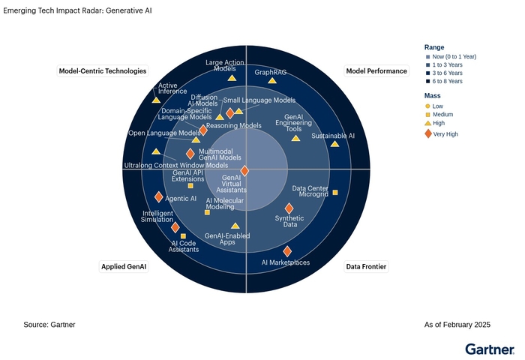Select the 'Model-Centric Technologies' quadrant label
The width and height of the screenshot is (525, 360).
click(103, 71)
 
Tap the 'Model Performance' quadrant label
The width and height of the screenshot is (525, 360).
click(376, 71)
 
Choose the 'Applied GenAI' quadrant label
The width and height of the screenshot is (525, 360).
click(124, 266)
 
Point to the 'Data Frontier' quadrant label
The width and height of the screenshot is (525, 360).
click(366, 266)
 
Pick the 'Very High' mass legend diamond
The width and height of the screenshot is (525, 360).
click(428, 133)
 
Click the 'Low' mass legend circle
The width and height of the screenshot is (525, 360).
click(427, 106)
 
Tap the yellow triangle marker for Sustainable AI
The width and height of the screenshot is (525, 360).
click(334, 143)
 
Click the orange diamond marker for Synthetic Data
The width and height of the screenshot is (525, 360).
click(289, 208)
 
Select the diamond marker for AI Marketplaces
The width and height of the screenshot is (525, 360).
click(287, 251)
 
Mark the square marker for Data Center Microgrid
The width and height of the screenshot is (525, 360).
click(335, 193)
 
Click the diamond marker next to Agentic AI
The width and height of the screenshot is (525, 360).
click(158, 196)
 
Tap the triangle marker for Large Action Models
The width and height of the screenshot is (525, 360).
click(232, 78)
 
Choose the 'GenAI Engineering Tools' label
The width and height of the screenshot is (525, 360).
click(294, 123)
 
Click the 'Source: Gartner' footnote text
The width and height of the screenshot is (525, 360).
click(49, 325)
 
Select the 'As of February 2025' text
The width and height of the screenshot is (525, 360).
click(457, 325)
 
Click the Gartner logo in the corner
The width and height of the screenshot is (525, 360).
click(489, 349)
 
